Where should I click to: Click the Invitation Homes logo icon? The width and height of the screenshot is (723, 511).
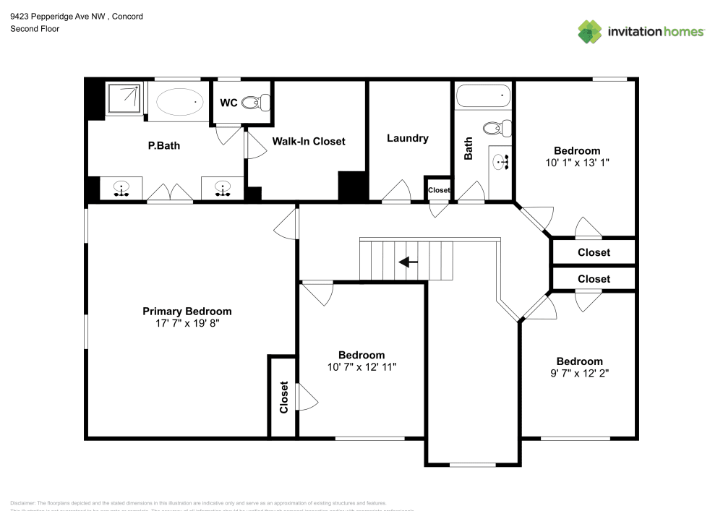click(590, 31)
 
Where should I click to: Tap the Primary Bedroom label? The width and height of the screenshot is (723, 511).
click(187, 311)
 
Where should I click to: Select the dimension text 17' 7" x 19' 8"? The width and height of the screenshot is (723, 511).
click(187, 323)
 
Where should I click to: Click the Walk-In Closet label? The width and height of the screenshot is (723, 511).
click(309, 141)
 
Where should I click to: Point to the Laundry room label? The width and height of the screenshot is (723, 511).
click(408, 138)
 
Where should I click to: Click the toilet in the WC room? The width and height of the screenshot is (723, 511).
click(251, 103)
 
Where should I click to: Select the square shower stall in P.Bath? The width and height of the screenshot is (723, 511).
click(126, 99)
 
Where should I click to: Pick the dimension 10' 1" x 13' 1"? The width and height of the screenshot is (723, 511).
click(578, 163)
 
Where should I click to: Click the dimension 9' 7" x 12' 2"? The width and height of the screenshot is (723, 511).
click(579, 373)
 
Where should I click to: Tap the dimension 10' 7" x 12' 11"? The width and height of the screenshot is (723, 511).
click(361, 366)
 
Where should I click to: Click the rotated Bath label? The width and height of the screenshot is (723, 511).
click(469, 148)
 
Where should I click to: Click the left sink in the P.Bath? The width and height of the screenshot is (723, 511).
click(121, 189)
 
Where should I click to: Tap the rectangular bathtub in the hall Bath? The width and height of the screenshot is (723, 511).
click(484, 95)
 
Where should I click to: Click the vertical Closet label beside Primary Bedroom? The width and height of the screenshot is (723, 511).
click(283, 397)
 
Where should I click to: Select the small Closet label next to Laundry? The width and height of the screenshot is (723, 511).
click(439, 190)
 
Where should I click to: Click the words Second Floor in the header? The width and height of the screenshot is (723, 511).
click(35, 29)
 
